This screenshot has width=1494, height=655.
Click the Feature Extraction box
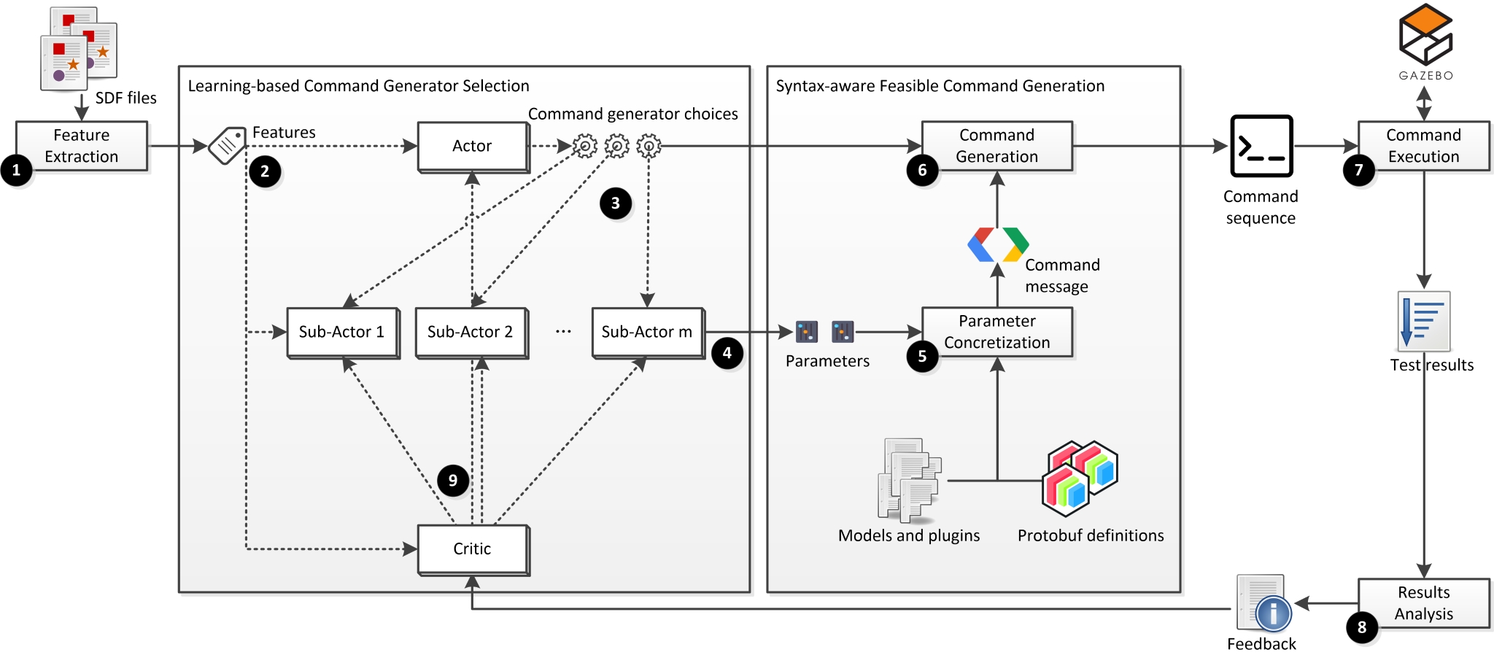pos(82,146)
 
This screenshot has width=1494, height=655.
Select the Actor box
pos(473,146)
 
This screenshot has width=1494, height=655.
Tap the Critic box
pos(473,549)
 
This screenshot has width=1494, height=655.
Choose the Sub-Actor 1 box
pos(342,333)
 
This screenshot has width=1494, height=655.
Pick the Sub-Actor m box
pos(647,333)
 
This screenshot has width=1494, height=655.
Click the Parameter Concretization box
pos(996,332)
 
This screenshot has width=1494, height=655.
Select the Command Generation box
pos(996,146)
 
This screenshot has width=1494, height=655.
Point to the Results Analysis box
pos(1423,603)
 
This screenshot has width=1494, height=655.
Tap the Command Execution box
pos(1423,146)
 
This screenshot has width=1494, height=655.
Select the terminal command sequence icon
pos(1261,146)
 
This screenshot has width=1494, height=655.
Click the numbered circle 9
pos(453,481)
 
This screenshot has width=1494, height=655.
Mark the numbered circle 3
pos(616,204)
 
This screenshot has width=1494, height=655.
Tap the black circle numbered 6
pos(922,171)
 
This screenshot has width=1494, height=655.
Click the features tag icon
pos(227,146)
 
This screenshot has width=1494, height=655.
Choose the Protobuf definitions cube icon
pos(1080,478)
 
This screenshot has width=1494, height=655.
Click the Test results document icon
pos(1423,322)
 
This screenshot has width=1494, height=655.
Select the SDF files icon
pos(78,48)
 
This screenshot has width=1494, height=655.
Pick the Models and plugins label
pos(909,536)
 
